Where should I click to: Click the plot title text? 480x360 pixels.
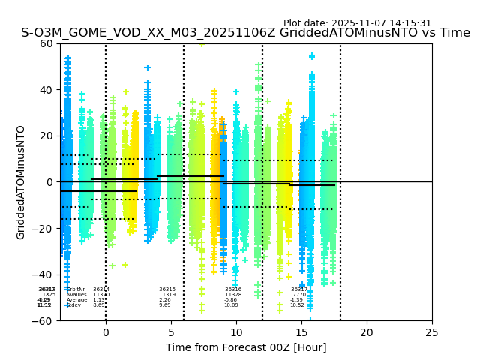(x=245, y=33)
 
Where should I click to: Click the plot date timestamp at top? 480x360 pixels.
(x=357, y=23)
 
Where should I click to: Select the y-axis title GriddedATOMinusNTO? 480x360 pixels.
(x=21, y=182)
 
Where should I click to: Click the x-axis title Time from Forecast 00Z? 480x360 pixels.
(x=246, y=347)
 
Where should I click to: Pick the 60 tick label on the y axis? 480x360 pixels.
(x=46, y=43)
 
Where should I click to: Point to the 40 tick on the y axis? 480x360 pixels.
(x=46, y=90)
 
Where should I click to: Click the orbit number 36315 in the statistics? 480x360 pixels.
(x=167, y=289)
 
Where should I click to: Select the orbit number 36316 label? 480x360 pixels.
(x=233, y=289)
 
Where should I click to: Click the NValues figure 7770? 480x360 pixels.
(x=299, y=295)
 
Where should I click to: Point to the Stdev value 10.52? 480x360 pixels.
(x=298, y=305)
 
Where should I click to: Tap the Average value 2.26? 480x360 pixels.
(x=165, y=300)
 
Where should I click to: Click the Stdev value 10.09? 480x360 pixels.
(x=231, y=305)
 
